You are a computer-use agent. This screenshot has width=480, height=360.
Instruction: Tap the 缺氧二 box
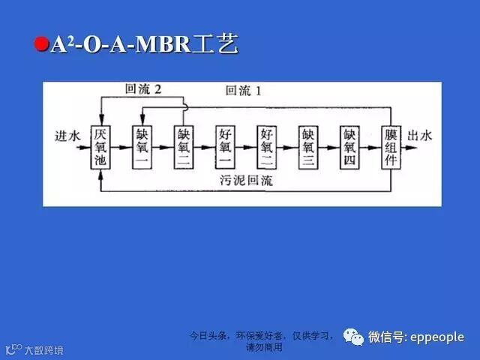click(x=184, y=147)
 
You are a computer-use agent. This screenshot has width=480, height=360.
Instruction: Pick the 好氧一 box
click(x=225, y=147)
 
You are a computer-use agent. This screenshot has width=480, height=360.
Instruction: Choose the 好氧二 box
click(x=266, y=147)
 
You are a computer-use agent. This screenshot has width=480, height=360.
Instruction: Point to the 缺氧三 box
click(x=307, y=147)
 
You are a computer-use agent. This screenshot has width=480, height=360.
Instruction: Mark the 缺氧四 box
click(x=349, y=147)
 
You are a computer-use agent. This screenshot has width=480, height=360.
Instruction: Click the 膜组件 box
click(x=390, y=147)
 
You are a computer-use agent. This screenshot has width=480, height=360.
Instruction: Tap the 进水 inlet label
click(x=67, y=136)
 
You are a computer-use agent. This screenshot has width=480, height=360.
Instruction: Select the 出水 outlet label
click(x=420, y=136)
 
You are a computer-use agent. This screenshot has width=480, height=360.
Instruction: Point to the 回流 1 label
click(x=244, y=91)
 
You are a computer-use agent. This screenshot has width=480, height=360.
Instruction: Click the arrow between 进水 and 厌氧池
click(x=84, y=147)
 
